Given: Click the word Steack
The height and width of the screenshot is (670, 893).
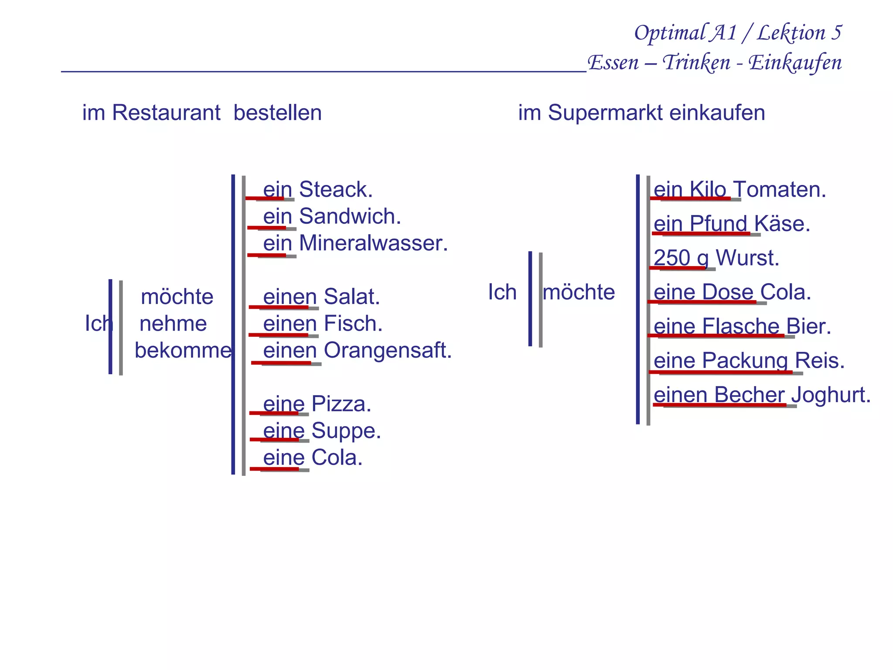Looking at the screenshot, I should pyautogui.click(x=336, y=190).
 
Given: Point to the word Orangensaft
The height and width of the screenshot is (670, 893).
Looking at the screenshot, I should pyautogui.click(x=388, y=351).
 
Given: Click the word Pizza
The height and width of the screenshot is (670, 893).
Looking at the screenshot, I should pyautogui.click(x=341, y=404).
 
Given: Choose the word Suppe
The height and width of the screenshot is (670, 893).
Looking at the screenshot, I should pyautogui.click(x=346, y=431).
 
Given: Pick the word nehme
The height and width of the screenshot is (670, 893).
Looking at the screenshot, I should pyautogui.click(x=173, y=324).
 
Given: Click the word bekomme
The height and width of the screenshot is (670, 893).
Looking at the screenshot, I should pyautogui.click(x=183, y=351).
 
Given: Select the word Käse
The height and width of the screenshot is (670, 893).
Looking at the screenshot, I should pyautogui.click(x=782, y=224).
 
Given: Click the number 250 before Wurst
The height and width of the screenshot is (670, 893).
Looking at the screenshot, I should pyautogui.click(x=672, y=258).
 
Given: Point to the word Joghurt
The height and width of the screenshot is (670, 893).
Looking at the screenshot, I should pyautogui.click(x=830, y=395).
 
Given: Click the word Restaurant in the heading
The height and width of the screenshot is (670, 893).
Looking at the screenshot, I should pyautogui.click(x=166, y=113).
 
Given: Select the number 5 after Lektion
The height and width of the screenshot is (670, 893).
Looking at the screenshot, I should pyautogui.click(x=836, y=33).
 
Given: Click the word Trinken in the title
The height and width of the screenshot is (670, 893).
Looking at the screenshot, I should pyautogui.click(x=696, y=63).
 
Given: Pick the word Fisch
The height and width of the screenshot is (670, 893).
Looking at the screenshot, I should pyautogui.click(x=353, y=324).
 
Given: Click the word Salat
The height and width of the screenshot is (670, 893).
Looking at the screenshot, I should pyautogui.click(x=351, y=297).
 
